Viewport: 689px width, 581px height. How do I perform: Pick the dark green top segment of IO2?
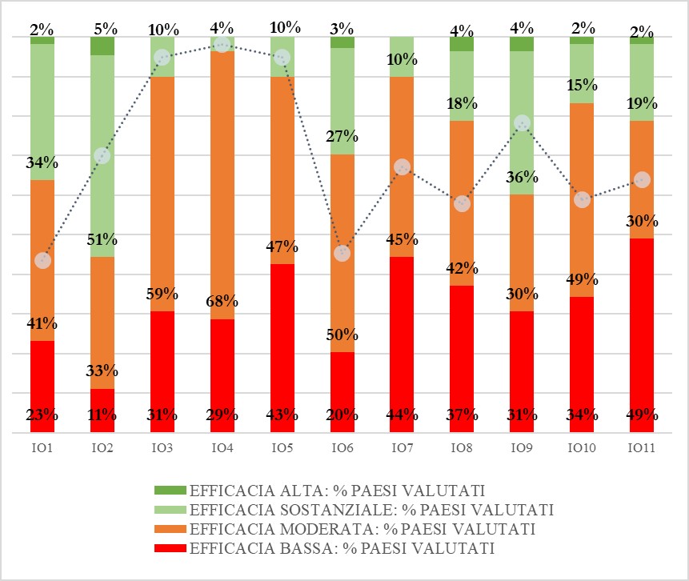[102, 46]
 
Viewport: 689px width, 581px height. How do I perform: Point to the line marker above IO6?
[342, 253]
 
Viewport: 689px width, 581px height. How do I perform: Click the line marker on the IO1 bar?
[42, 261]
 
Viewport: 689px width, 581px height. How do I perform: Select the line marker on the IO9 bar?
[522, 123]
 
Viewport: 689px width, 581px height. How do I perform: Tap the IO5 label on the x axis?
[282, 447]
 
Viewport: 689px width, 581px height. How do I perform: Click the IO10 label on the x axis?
[582, 447]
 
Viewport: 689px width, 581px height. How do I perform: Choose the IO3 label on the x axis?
[162, 447]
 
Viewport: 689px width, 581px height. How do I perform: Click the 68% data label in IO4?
[222, 302]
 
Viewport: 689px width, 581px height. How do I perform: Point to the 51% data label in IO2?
[102, 239]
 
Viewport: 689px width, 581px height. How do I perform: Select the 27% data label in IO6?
[342, 137]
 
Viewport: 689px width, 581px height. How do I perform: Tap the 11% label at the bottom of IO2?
[102, 415]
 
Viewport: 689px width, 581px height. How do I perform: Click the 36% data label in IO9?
[522, 178]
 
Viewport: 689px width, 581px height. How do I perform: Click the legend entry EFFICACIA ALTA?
[336, 490]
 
